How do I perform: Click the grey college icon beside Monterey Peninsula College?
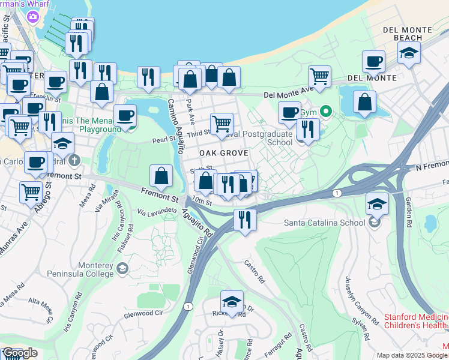(x=122, y=267)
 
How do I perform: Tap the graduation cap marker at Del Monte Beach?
(x=409, y=53)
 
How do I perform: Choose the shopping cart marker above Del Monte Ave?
(x=319, y=77)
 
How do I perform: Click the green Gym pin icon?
(x=326, y=112)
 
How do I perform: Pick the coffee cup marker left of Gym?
(x=289, y=113)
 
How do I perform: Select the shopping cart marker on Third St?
(x=222, y=124)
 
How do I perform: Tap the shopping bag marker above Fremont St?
(x=161, y=176)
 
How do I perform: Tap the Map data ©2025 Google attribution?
(x=412, y=355)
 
